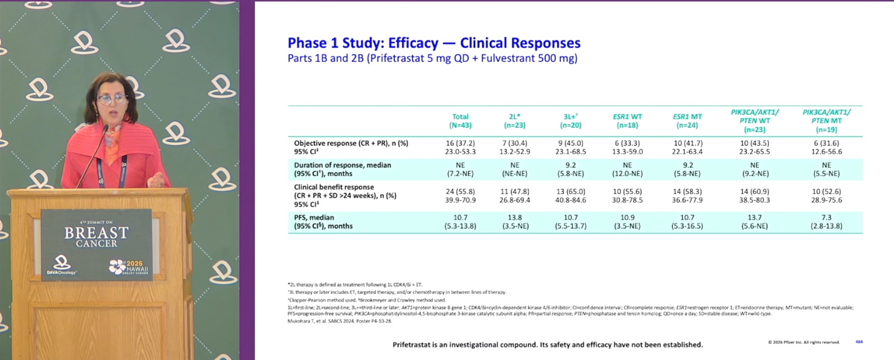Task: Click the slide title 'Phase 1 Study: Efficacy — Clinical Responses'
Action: tap(434, 43)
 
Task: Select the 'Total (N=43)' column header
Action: tap(460, 121)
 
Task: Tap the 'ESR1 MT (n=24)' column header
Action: tap(687, 121)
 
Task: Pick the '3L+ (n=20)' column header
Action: tap(571, 121)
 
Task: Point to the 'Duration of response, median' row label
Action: tap(342, 165)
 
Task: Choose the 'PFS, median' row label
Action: tap(314, 217)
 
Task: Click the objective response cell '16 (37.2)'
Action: tap(460, 143)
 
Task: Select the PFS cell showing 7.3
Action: tap(827, 217)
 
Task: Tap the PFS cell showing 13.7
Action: tap(755, 217)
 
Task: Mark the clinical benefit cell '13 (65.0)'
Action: tap(571, 191)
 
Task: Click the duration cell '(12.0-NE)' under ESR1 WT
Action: tap(628, 174)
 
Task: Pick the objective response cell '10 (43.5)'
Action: tap(755, 143)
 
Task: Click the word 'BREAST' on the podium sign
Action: tap(97, 233)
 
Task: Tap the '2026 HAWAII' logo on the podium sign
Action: tap(129, 267)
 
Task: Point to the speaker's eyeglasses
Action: tap(112, 99)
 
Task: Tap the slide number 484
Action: tap(859, 342)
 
